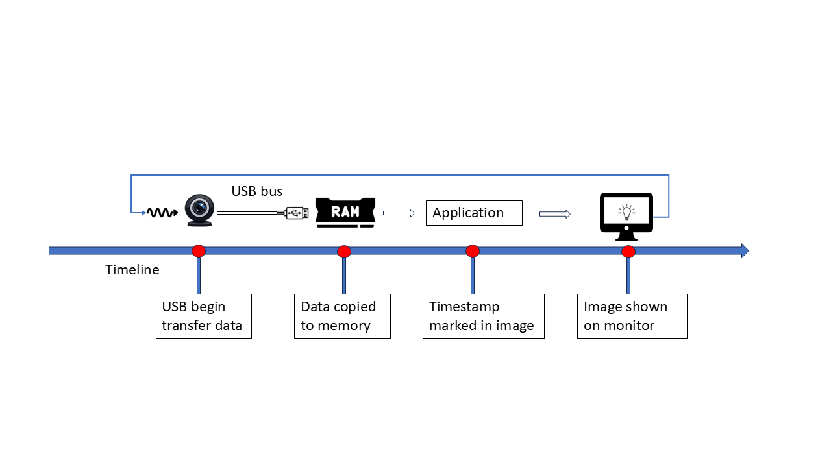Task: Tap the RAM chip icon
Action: click(345, 212)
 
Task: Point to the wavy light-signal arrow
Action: click(162, 212)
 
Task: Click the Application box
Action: click(474, 213)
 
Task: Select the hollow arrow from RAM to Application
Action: click(399, 213)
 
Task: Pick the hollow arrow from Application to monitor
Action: click(554, 214)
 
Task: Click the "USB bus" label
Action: click(257, 191)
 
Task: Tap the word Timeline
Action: click(132, 270)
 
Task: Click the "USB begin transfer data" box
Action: click(203, 316)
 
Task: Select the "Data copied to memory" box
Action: click(343, 316)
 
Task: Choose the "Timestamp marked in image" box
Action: click(483, 316)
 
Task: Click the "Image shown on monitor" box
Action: click(632, 316)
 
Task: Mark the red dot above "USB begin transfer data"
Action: click(199, 251)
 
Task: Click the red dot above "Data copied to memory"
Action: click(344, 252)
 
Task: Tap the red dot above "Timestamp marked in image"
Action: click(473, 251)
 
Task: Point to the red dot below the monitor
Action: click(628, 252)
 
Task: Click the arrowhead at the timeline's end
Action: click(745, 251)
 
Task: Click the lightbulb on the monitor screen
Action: click(626, 211)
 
